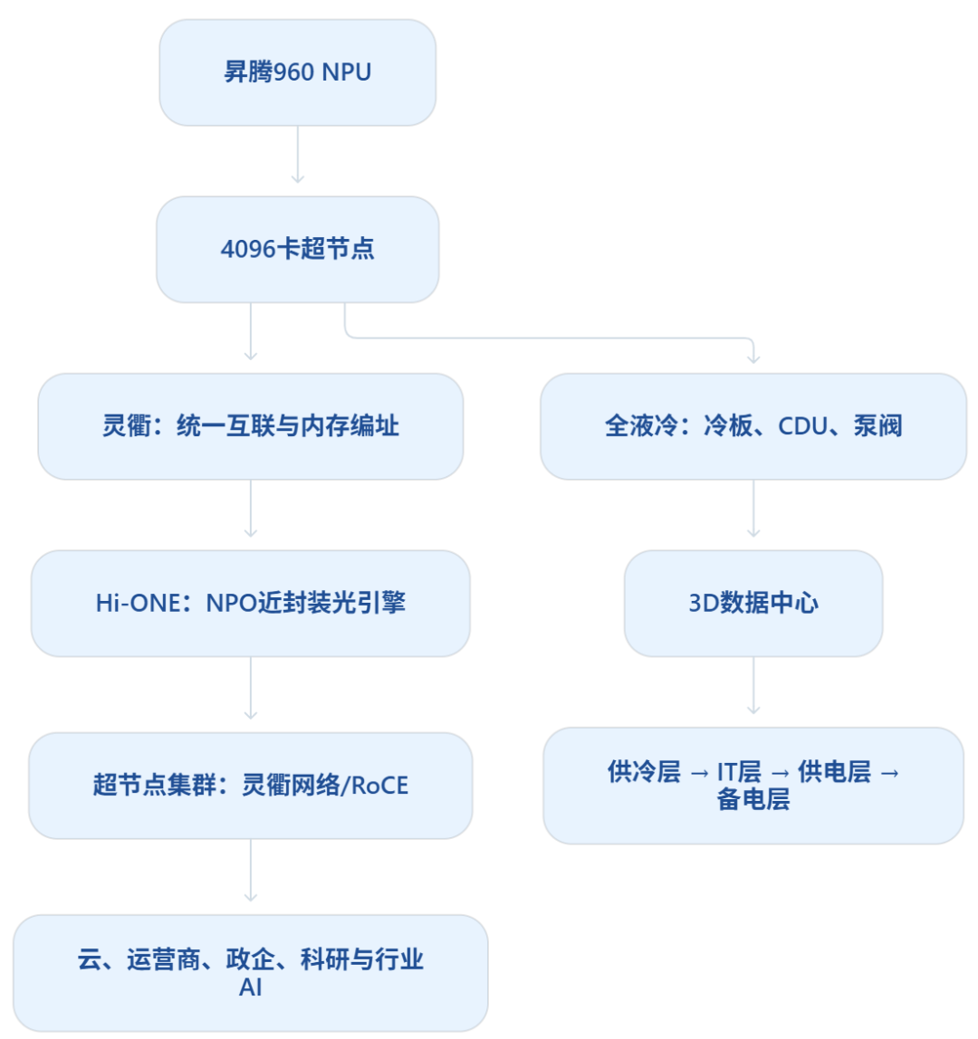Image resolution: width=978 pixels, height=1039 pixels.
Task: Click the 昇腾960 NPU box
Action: point(298,72)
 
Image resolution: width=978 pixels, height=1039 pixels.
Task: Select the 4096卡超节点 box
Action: point(298,249)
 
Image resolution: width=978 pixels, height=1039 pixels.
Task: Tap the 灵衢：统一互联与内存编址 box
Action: point(251,426)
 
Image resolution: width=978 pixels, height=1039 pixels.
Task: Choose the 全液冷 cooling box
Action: point(753,426)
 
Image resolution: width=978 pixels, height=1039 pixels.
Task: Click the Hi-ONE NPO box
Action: point(251,603)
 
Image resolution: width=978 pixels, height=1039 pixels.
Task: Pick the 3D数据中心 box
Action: point(753,603)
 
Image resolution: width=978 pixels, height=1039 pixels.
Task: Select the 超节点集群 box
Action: point(251,786)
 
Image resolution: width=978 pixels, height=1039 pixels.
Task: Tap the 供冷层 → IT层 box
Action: point(753,786)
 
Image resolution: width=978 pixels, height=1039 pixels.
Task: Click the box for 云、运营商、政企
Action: point(251,973)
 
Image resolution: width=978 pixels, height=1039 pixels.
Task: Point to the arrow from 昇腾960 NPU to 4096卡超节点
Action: point(298,155)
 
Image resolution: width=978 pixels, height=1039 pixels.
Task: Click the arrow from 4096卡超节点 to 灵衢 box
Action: point(251,331)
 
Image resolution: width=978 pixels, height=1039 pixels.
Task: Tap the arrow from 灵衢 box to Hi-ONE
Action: point(251,509)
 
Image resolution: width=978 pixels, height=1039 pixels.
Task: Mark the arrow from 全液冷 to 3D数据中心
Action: point(753,509)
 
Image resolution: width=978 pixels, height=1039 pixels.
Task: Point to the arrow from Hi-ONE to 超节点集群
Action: point(251,688)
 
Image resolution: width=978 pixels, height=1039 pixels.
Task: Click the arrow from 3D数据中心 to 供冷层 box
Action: point(753,685)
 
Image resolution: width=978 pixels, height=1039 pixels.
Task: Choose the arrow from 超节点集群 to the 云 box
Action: point(251,870)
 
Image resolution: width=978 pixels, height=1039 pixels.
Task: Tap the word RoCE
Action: point(379,786)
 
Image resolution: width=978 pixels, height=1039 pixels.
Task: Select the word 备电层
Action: point(753,800)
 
